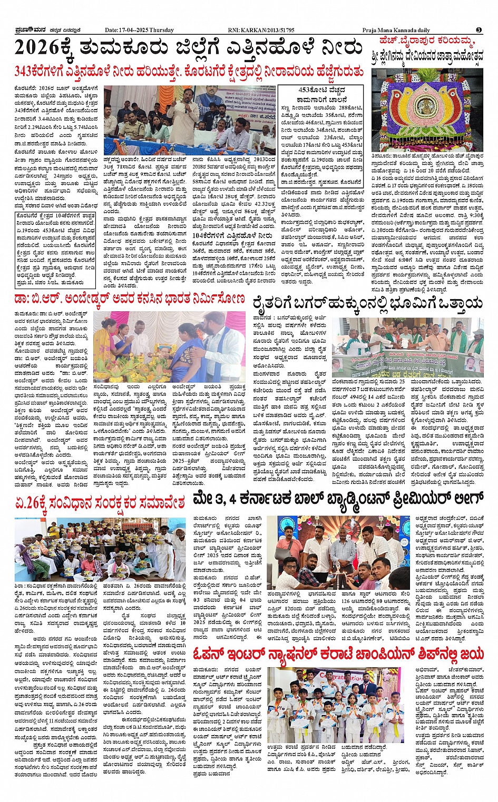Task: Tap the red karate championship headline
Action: pos(339,654)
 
